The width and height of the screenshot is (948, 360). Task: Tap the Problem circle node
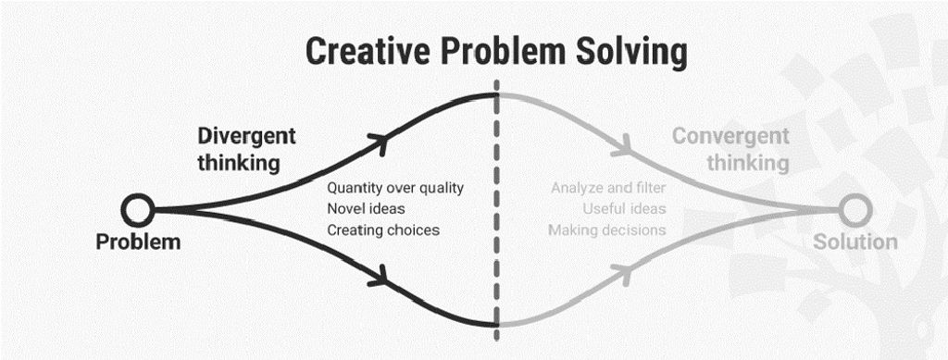[138, 210]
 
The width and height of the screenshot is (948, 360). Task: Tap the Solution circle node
[853, 210]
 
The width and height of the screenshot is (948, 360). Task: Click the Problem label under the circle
[139, 242]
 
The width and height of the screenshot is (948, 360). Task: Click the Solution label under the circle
[854, 242]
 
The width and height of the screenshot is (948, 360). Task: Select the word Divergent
[246, 136]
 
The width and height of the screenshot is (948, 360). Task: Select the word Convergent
[730, 136]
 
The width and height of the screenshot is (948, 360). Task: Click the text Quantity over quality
[395, 188]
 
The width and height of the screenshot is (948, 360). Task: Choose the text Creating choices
[383, 230]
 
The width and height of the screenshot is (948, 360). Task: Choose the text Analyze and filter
[608, 188]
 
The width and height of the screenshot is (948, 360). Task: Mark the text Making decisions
[606, 230]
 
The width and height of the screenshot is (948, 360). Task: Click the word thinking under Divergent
[238, 163]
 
